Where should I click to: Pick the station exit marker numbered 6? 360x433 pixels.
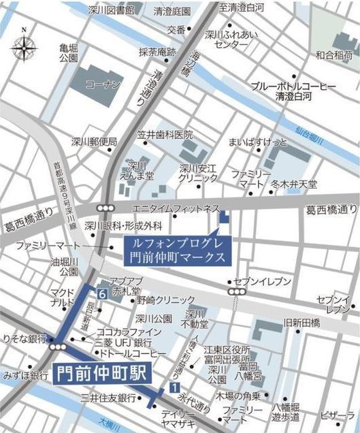pyautogui.click(x=101, y=294)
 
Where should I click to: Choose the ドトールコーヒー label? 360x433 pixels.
pyautogui.click(x=132, y=355)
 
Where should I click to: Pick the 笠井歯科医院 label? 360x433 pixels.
pyautogui.click(x=164, y=135)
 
